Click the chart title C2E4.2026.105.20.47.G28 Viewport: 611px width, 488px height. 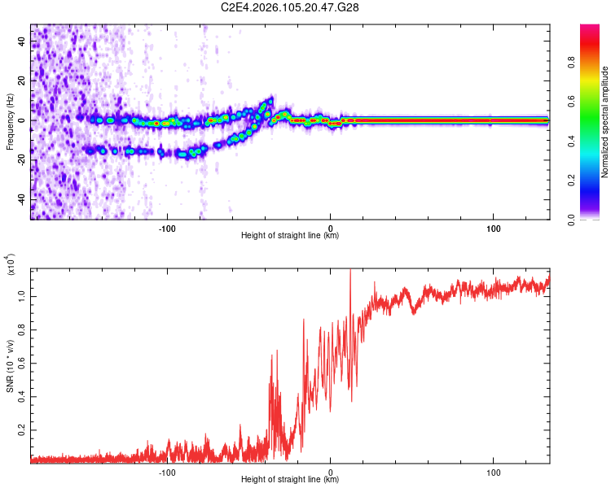click(x=291, y=7)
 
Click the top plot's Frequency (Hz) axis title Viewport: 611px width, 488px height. click(x=10, y=121)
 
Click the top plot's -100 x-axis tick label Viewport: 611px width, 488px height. click(x=167, y=229)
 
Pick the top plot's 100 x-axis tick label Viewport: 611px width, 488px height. click(x=493, y=229)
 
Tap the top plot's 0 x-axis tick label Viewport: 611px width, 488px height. click(x=331, y=229)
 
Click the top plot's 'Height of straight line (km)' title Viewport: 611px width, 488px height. click(x=290, y=237)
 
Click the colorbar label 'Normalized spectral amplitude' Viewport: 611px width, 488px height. click(x=605, y=122)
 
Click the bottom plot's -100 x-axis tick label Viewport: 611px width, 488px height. click(x=167, y=473)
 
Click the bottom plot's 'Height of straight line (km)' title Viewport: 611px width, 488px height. click(x=290, y=481)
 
